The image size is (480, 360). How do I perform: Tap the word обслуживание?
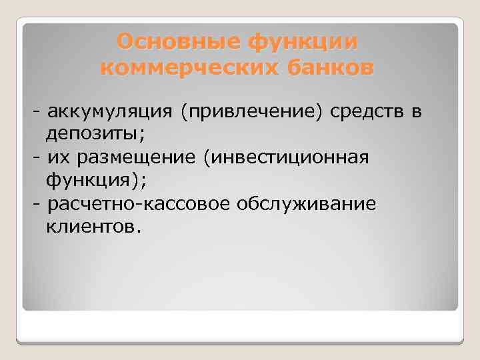306,203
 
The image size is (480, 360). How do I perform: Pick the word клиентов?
90,227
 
